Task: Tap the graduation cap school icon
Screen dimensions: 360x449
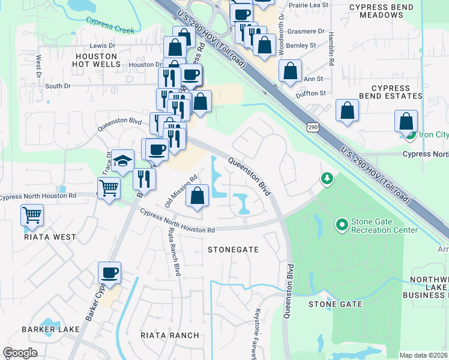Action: [x=123, y=161]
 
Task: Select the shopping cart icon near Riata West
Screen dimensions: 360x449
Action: [x=32, y=215]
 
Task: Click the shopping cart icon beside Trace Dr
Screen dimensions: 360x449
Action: [x=109, y=188]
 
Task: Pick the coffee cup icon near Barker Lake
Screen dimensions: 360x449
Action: [x=109, y=273]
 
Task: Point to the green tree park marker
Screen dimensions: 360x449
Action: [x=327, y=178]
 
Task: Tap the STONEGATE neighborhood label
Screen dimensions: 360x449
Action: [x=233, y=249]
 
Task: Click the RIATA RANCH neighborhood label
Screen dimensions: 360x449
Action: [x=169, y=335]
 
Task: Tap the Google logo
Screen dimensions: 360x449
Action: [x=19, y=353]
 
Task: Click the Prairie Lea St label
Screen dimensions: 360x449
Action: [x=309, y=5]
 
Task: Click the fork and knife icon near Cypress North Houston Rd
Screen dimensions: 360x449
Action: [x=144, y=179]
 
